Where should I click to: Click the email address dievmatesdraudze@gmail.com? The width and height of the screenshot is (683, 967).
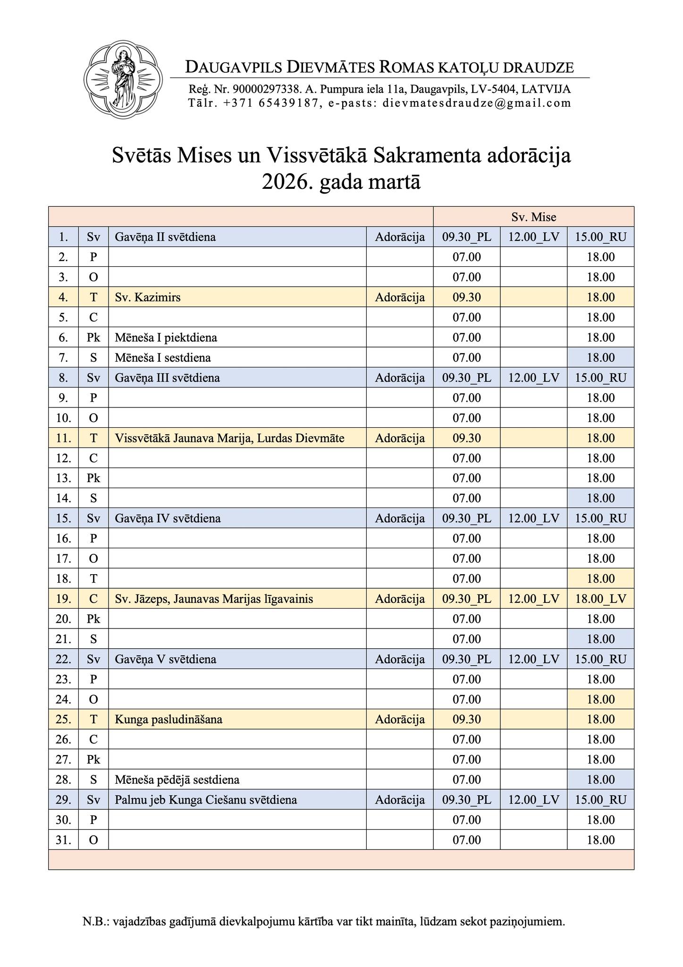(x=477, y=103)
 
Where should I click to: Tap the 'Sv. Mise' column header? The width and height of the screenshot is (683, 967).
(x=533, y=217)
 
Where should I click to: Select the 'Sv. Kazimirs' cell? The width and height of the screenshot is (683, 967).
(x=148, y=297)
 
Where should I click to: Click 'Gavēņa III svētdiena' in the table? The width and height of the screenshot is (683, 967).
(x=167, y=378)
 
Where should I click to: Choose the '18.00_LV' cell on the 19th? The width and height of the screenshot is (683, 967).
(x=600, y=599)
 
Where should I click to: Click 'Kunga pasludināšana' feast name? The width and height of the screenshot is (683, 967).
(x=169, y=720)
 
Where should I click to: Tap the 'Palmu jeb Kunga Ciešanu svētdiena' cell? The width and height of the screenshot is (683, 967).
(x=206, y=800)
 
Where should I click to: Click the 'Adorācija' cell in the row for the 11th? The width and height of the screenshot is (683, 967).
(x=400, y=438)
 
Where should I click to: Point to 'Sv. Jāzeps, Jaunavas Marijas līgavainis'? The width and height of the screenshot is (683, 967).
(x=214, y=599)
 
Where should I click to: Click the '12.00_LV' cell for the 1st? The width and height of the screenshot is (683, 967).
(x=533, y=237)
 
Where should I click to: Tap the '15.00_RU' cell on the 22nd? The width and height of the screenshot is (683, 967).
(x=600, y=659)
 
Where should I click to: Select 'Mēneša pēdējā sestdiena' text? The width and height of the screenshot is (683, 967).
(x=177, y=780)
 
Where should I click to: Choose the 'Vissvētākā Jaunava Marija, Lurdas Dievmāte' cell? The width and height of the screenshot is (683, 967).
(x=229, y=438)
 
